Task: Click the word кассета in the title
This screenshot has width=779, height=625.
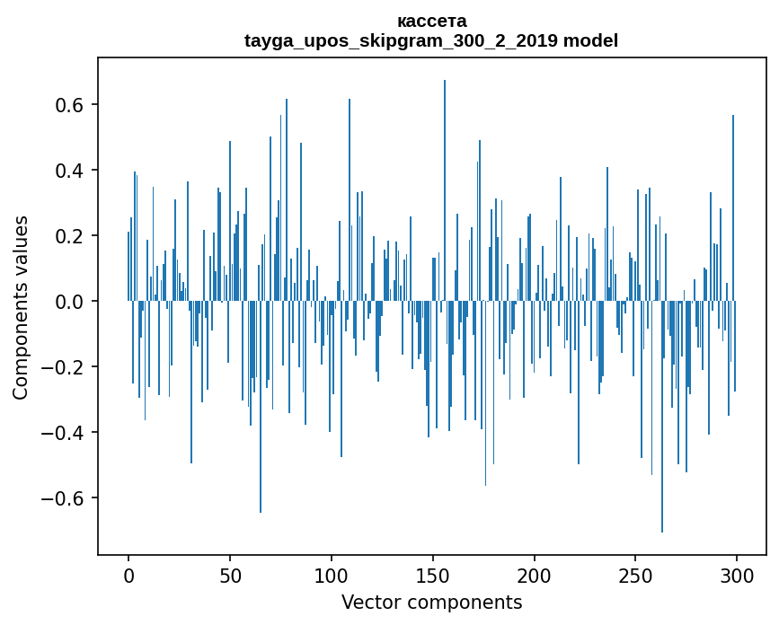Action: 431,21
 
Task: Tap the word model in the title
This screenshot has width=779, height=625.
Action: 590,40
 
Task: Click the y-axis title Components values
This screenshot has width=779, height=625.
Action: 21,307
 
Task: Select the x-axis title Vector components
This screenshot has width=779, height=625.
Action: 431,603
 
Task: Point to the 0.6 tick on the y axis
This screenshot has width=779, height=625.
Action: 71,105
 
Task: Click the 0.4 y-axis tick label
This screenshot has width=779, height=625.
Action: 71,171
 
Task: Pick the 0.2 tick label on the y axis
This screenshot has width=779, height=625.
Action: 71,236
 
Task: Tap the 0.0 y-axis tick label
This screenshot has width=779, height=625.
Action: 71,302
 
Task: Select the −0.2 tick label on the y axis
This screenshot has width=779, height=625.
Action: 66,367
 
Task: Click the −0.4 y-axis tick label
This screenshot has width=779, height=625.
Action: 66,433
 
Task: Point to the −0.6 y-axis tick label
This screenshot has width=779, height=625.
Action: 66,498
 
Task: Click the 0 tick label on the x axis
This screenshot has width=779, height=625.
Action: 128,575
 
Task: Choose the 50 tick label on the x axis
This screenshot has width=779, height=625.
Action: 230,575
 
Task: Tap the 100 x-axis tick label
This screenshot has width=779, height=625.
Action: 332,575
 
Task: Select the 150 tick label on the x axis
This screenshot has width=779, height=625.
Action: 433,575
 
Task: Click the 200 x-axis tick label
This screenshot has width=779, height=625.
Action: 535,575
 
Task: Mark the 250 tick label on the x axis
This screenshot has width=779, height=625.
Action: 636,575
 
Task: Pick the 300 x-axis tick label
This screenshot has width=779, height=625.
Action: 737,575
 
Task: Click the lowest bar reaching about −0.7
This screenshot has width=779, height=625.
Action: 662,503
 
